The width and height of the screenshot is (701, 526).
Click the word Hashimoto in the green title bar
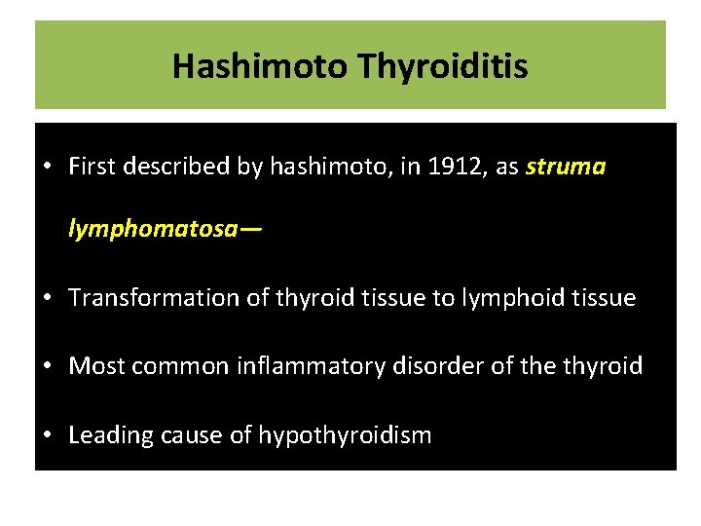261,66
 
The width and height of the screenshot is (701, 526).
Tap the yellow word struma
566,167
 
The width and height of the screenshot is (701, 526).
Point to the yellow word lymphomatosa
153,230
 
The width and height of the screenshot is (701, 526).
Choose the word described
168,167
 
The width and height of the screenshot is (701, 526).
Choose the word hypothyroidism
345,435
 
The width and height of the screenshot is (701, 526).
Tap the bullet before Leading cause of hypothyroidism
47,435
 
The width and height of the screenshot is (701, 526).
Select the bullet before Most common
47,366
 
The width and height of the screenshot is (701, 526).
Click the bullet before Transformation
47,298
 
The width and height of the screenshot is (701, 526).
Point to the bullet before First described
47,167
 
